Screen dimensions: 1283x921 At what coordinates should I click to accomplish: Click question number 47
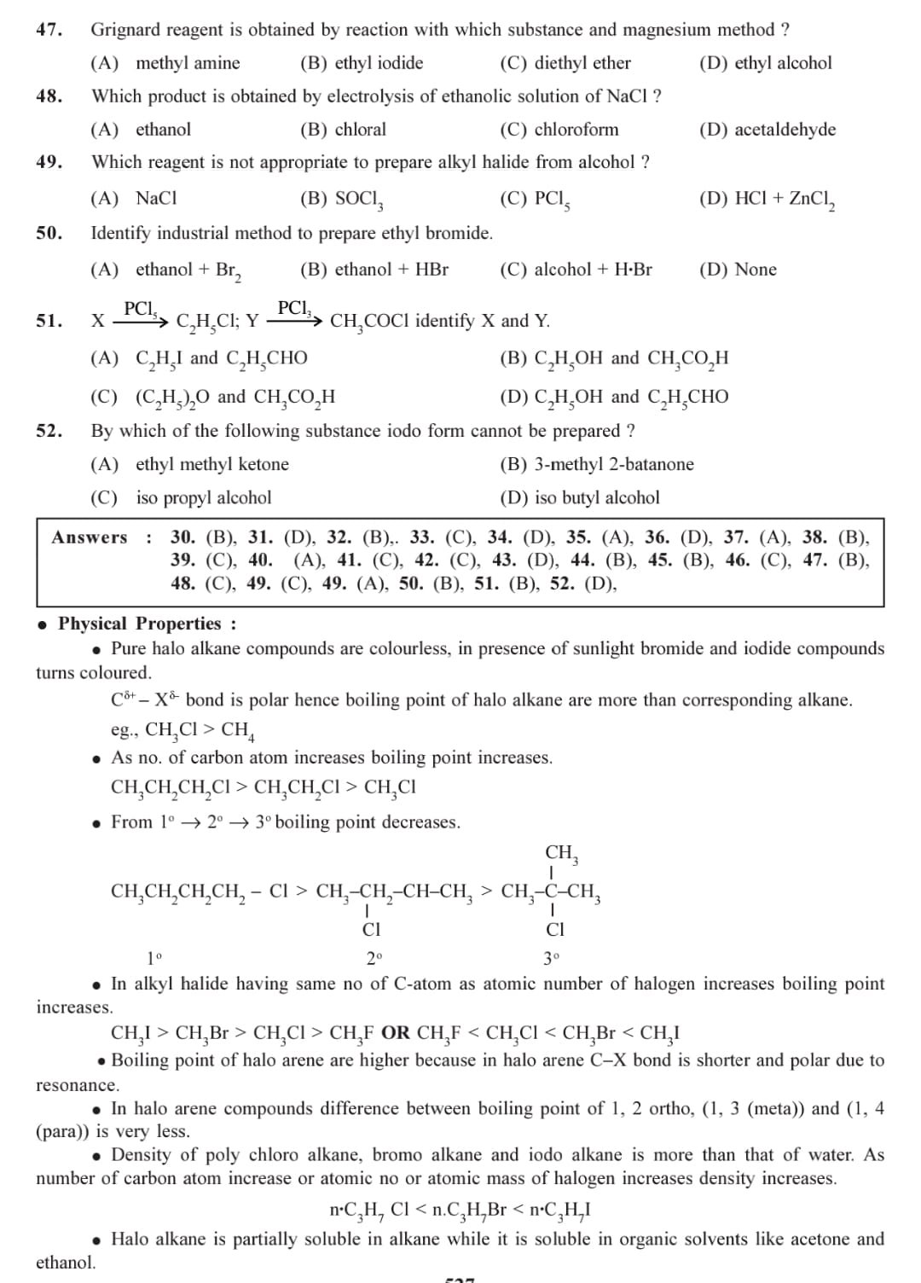point(49,30)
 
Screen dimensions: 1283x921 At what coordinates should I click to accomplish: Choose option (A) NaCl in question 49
point(134,199)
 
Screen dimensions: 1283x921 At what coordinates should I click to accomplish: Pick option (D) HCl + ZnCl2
point(766,199)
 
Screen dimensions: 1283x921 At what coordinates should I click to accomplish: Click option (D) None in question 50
point(737,270)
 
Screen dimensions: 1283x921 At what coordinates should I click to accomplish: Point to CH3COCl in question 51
point(370,322)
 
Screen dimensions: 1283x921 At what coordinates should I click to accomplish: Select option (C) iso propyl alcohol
point(181,497)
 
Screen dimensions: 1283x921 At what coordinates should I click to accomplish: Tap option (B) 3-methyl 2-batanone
point(596,464)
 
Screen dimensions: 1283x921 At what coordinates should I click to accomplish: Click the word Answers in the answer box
point(90,537)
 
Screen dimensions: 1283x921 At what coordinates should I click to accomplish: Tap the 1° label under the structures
point(154,959)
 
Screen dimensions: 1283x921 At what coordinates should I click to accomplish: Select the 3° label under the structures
point(553,959)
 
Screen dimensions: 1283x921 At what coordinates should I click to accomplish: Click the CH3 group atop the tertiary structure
point(562,853)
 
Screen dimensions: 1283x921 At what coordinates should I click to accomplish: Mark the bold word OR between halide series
point(396,1033)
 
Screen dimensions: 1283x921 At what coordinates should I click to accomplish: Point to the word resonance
point(77,1085)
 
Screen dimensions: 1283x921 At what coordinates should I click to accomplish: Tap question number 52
point(49,431)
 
